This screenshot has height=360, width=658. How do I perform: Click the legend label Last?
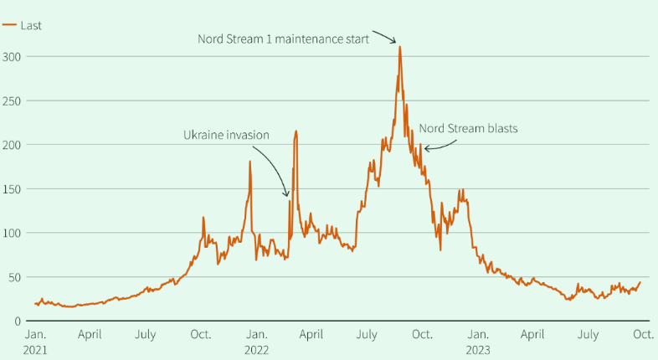pos(31,25)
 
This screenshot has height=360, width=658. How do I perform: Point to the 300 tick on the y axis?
pos(11,56)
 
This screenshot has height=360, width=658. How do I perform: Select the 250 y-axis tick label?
pos(11,100)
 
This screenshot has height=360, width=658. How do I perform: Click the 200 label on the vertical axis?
pos(11,145)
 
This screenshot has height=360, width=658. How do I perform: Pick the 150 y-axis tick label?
pos(11,188)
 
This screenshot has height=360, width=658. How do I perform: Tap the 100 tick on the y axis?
pos(11,233)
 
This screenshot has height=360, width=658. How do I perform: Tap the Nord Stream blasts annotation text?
pos(469,129)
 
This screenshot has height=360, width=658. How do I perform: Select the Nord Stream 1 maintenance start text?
pos(283,39)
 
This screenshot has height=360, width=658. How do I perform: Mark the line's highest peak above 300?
pos(400,46)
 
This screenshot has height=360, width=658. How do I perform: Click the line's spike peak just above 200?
pos(296,131)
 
